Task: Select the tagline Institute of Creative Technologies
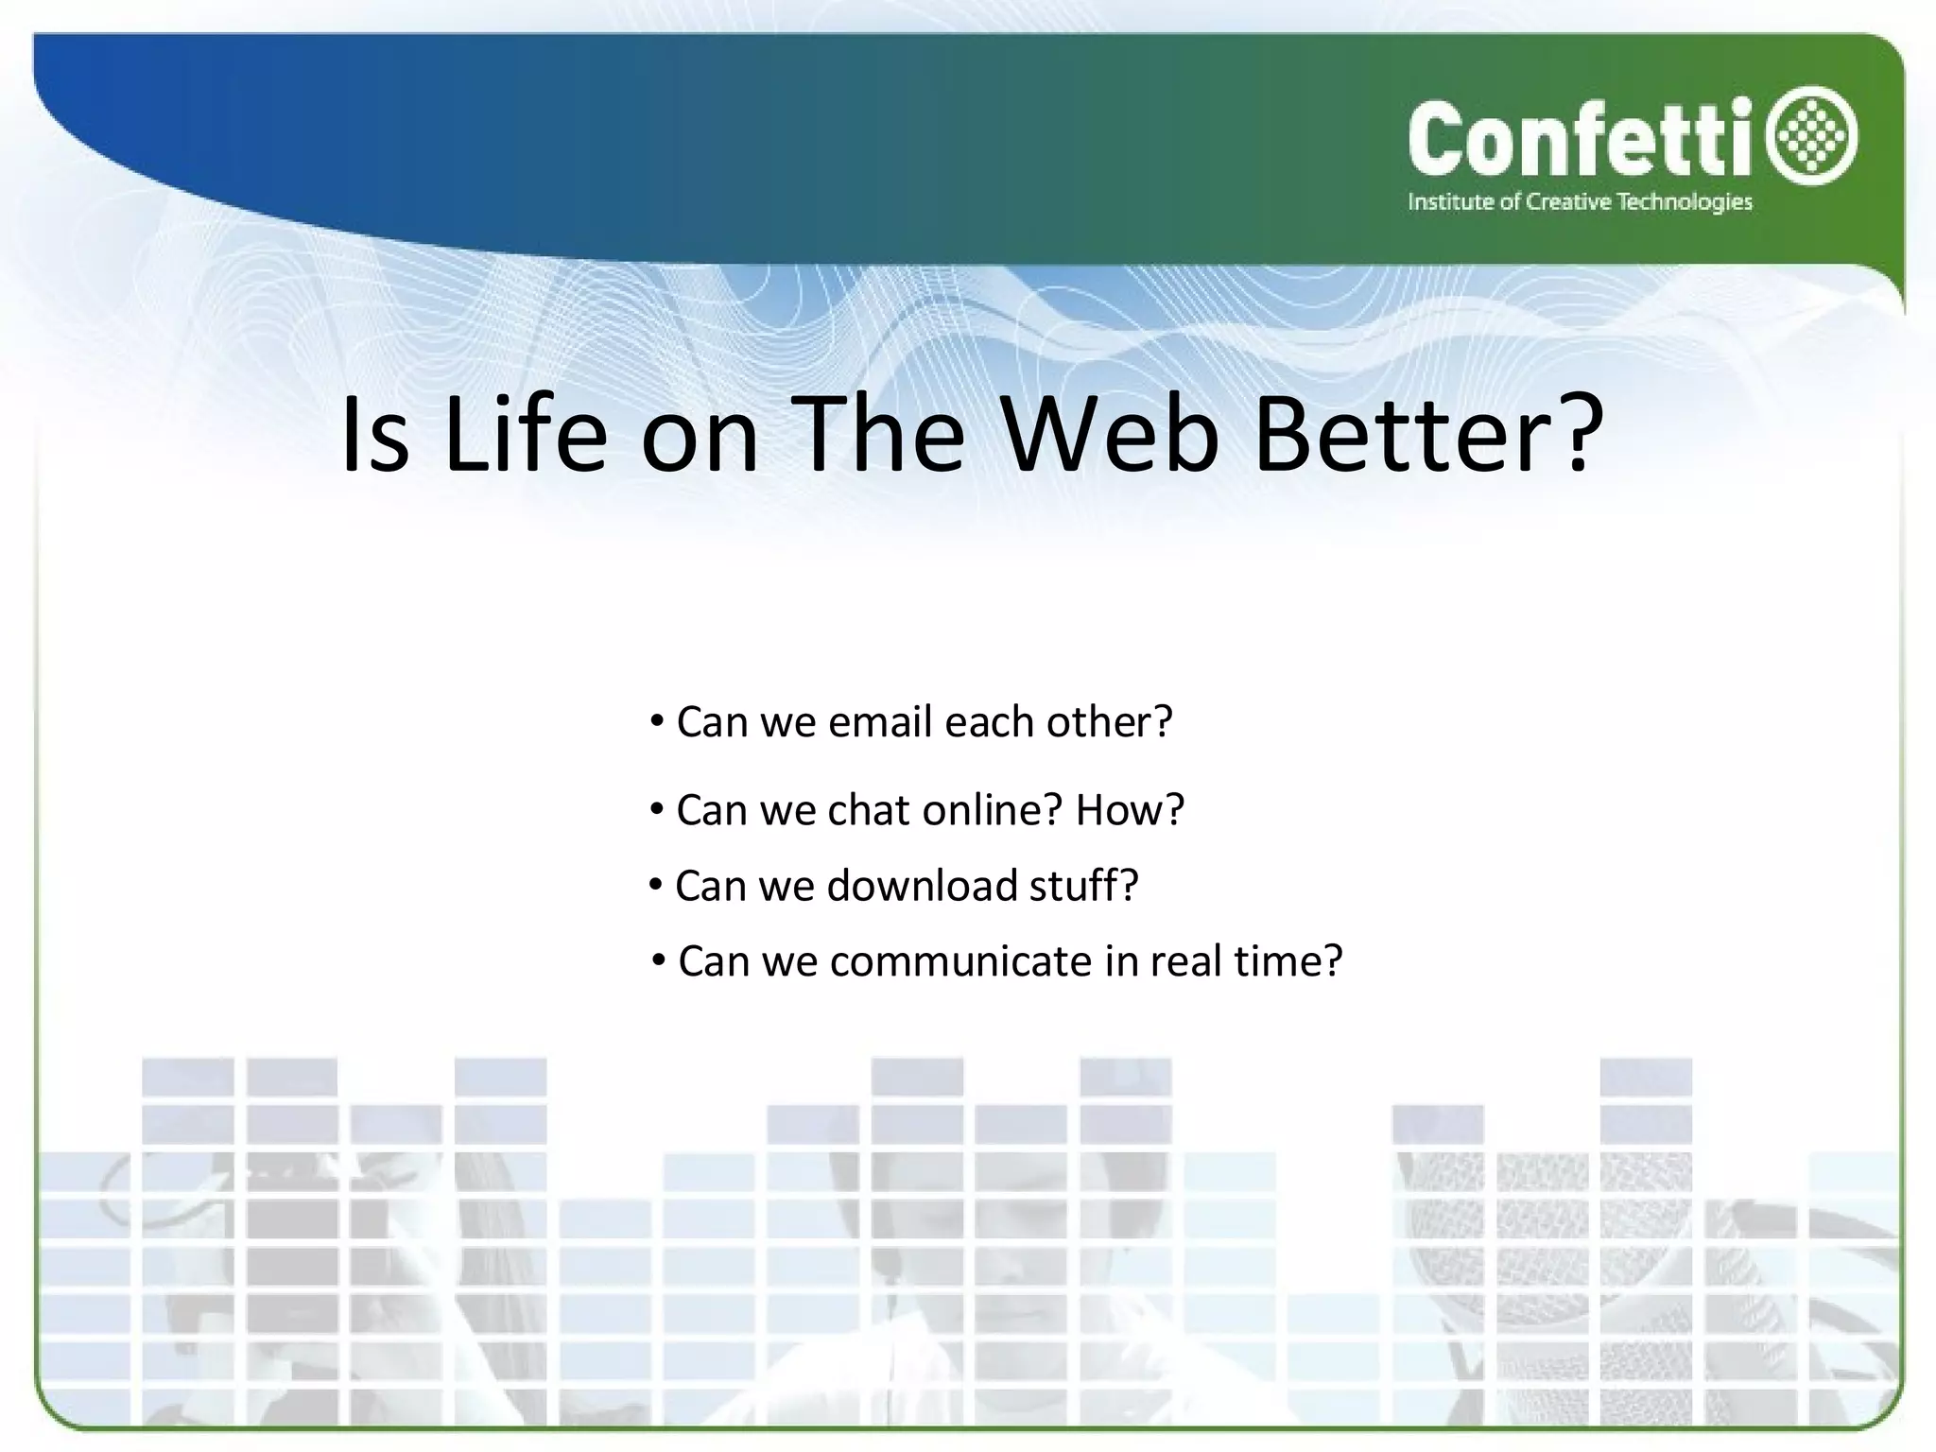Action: (x=1580, y=201)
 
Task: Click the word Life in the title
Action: (x=525, y=435)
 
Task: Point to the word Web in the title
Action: (x=1111, y=435)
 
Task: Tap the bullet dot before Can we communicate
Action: (x=658, y=962)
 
